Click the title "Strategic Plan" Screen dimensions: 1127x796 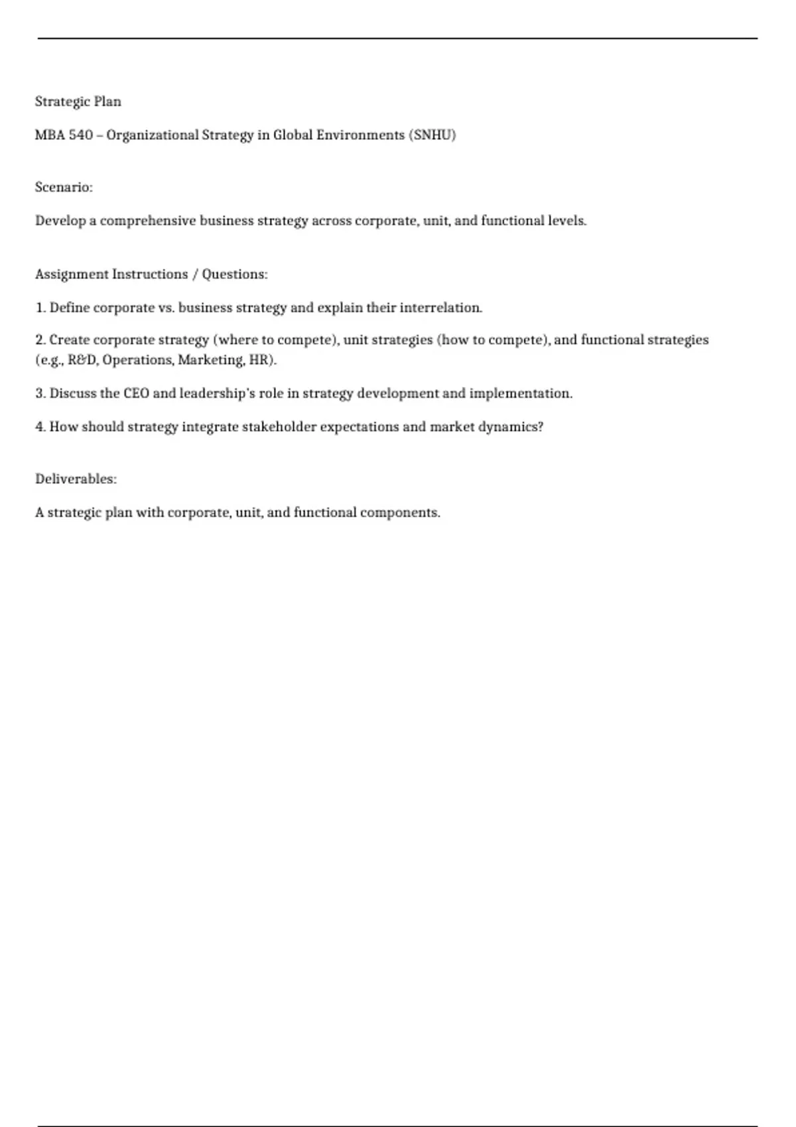[78, 101]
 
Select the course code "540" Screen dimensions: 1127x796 [81, 135]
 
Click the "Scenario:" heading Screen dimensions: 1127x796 [64, 188]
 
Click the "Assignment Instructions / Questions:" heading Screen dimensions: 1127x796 [151, 274]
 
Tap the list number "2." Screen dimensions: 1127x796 [40, 340]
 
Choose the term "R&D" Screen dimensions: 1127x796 [82, 360]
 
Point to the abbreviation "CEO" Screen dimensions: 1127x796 [136, 394]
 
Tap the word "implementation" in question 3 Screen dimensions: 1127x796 [520, 394]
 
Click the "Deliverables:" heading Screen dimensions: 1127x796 [76, 479]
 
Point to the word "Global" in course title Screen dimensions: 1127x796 [293, 135]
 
